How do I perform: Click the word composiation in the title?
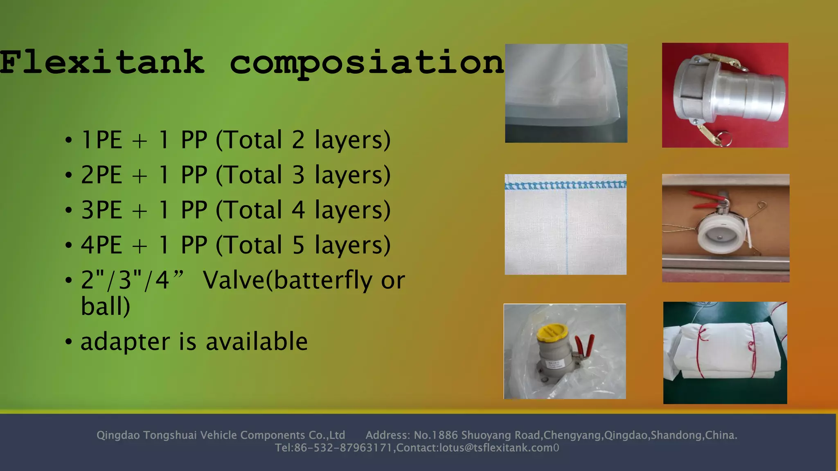click(367, 63)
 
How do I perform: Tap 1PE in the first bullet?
click(101, 140)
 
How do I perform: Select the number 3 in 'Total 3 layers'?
click(298, 175)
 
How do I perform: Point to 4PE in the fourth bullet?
click(101, 245)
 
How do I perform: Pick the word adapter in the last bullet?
click(125, 342)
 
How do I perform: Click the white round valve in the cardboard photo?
click(719, 236)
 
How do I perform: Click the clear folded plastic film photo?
click(566, 93)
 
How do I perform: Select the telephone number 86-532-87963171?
click(343, 448)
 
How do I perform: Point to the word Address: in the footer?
click(387, 435)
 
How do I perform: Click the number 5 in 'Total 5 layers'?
click(298, 245)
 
